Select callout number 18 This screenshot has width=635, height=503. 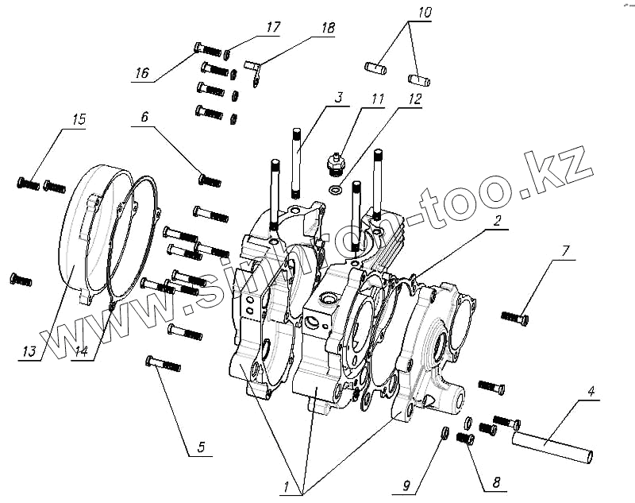click(x=328, y=29)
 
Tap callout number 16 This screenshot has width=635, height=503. click(x=141, y=73)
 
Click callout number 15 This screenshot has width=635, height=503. click(x=79, y=120)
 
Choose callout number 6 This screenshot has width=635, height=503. click(x=144, y=116)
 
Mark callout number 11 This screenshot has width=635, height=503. click(x=376, y=99)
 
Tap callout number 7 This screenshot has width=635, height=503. click(x=564, y=252)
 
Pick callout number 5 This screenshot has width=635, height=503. click(x=200, y=447)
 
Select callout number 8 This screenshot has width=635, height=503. click(x=498, y=482)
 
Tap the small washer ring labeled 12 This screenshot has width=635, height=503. click(x=337, y=191)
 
